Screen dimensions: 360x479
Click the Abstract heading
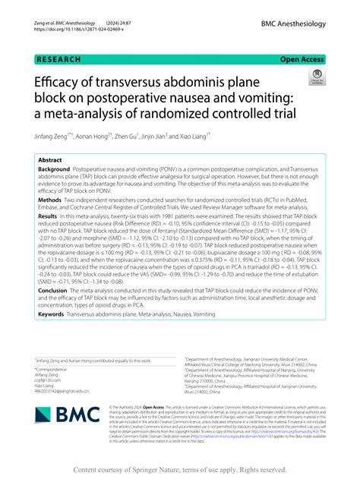(49, 160)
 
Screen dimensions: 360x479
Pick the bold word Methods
(50, 221)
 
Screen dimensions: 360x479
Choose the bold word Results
(49, 238)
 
